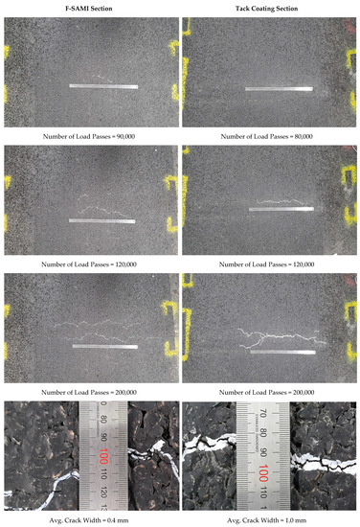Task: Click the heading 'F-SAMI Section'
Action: point(90,9)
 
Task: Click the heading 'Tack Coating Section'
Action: point(269,9)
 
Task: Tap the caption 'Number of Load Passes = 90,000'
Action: point(90,136)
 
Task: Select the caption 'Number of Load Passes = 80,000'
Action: point(269,136)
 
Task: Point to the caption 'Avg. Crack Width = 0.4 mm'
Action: point(90,518)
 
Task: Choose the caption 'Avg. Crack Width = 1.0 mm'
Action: point(269,518)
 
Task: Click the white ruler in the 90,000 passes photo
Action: point(102,87)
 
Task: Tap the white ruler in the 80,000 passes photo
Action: point(280,90)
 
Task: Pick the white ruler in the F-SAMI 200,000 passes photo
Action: point(104,346)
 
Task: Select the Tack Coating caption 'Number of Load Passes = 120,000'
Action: point(269,263)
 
